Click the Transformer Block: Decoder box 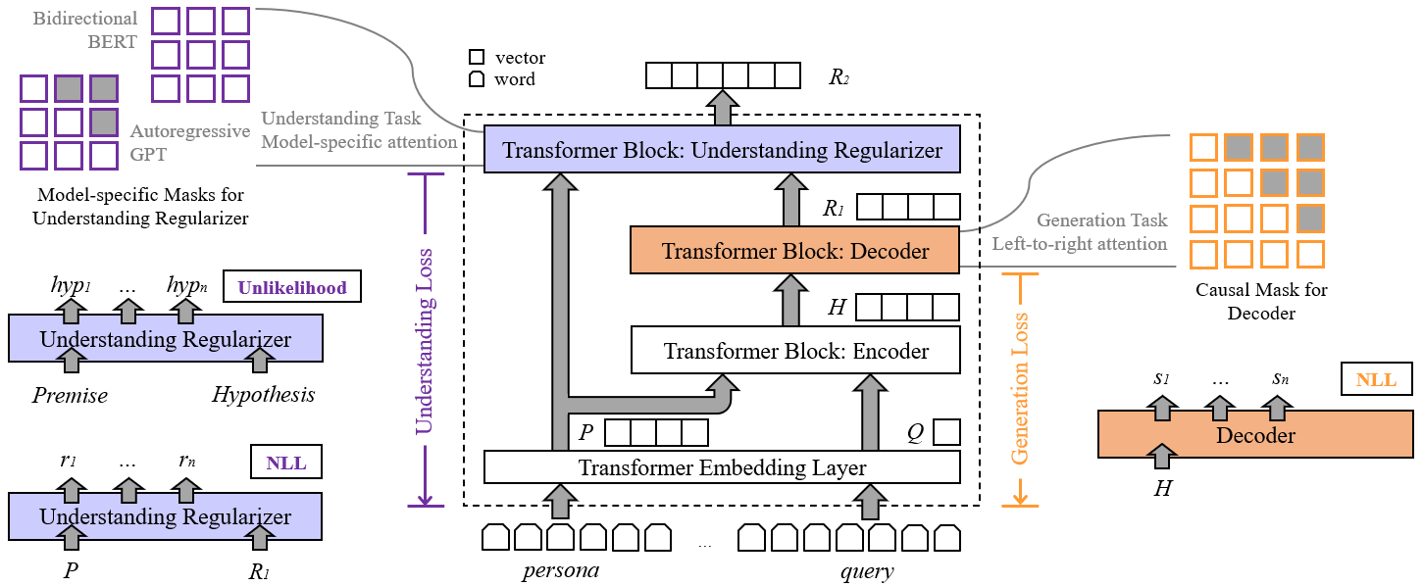(794, 250)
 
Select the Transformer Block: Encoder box (795, 350)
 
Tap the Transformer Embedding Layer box (722, 467)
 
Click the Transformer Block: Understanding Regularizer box (722, 149)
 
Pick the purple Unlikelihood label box (292, 287)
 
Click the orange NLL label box (1377, 379)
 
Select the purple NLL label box (285, 463)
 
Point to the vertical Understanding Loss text (424, 341)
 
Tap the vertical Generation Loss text (1019, 389)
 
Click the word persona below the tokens (561, 570)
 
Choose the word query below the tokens (867, 570)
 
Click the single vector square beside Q (946, 432)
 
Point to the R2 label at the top (839, 76)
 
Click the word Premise (70, 395)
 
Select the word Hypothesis (264, 395)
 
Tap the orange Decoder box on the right (1255, 434)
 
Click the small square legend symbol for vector (477, 57)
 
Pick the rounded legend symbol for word (477, 78)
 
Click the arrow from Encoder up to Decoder (790, 300)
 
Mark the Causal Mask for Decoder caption (1261, 301)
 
